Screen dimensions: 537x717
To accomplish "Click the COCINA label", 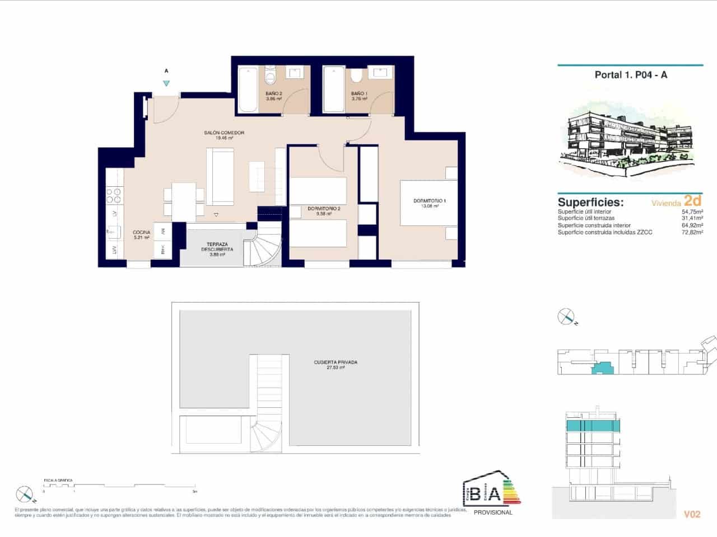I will click(x=141, y=232).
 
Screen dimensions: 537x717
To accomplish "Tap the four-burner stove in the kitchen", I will click(x=114, y=195).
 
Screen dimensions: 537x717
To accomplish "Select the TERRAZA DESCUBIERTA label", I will click(x=217, y=247).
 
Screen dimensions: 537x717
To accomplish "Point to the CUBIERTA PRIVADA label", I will click(x=336, y=362).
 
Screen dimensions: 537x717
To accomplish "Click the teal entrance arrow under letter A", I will click(x=166, y=83).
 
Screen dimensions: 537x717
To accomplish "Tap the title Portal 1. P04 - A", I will click(x=631, y=75).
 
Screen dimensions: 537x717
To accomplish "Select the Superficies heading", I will click(x=590, y=202).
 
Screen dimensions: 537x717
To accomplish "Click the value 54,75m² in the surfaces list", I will click(x=692, y=213).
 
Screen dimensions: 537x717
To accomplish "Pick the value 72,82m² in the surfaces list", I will click(x=692, y=232).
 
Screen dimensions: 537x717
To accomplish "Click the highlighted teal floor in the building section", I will click(x=594, y=426).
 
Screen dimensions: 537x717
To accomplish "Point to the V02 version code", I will click(x=692, y=514).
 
